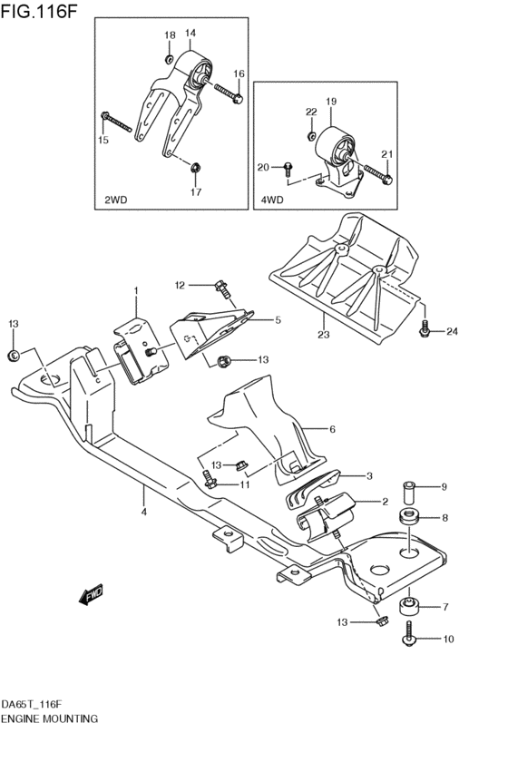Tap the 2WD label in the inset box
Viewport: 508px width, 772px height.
tap(117, 197)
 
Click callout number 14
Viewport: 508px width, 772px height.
tap(190, 34)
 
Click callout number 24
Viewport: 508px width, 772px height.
tap(452, 331)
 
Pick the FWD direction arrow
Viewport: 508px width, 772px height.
tap(92, 595)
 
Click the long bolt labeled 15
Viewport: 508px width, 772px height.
tap(119, 122)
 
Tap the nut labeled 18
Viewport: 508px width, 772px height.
tap(170, 58)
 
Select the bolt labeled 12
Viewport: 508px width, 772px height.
tap(220, 288)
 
